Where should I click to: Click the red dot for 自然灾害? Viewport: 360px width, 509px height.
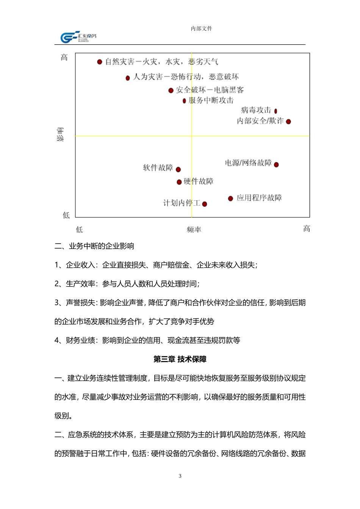pos(100,62)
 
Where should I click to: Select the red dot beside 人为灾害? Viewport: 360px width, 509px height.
pos(128,78)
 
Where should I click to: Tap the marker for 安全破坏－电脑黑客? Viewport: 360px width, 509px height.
pos(171,91)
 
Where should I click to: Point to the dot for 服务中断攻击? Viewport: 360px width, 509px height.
pos(184,101)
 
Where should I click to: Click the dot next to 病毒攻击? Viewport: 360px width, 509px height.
pos(275,111)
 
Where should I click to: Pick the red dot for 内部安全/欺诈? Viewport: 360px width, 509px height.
pos(288,122)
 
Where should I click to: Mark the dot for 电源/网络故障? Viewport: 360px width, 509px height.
pos(276,164)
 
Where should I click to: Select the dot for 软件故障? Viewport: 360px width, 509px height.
pos(178,170)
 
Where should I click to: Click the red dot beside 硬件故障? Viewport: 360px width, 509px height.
pos(179,182)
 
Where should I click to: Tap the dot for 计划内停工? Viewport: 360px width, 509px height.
pos(205,204)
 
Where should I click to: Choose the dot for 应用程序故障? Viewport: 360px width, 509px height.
pos(230,198)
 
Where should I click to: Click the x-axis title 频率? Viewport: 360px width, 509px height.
pos(194,230)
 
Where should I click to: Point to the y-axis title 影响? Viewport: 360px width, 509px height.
pos(61,135)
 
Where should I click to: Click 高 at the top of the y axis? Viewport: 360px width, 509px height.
pos(64,58)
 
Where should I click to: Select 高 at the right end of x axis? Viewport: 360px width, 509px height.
pos(307,229)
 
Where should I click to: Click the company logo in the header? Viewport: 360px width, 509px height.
pos(78,37)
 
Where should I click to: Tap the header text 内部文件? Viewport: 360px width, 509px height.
pos(202,28)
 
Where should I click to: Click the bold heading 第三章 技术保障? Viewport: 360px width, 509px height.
pos(180,359)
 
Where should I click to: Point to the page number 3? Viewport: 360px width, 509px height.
pos(180,476)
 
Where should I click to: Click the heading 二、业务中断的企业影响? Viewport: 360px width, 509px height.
pos(94,246)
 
